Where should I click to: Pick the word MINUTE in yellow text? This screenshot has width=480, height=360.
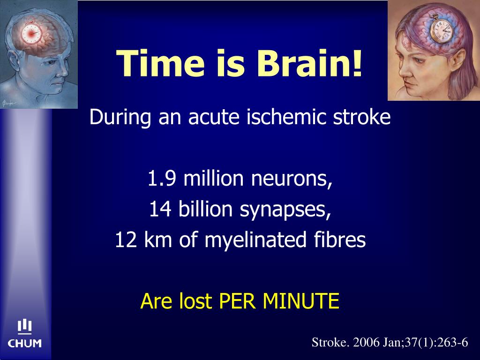[300, 301]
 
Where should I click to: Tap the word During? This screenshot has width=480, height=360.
[120, 117]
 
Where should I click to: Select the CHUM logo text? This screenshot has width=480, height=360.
[24, 344]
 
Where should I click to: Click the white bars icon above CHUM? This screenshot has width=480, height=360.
[24, 327]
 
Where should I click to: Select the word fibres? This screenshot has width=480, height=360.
[346, 240]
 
